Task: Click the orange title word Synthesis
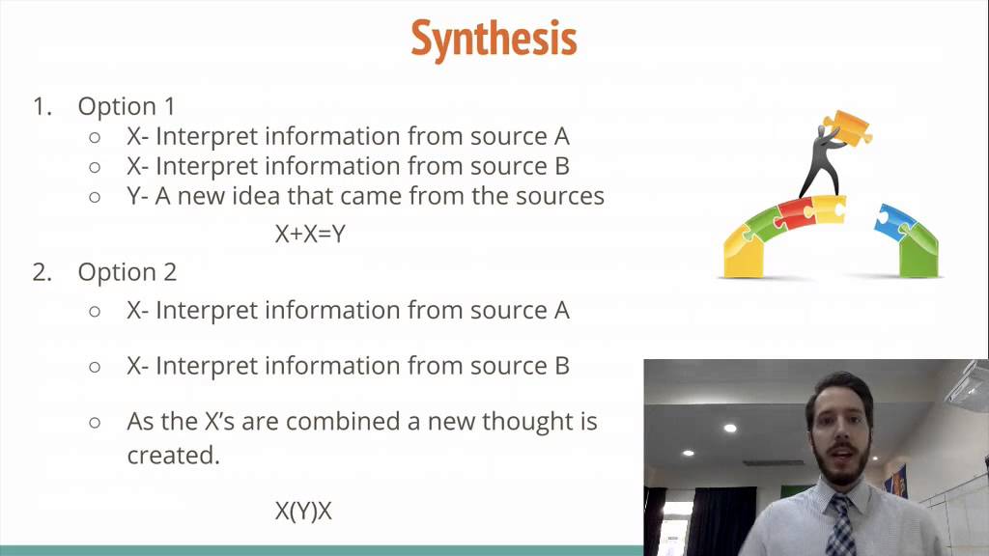(x=494, y=39)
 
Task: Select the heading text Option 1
(x=127, y=106)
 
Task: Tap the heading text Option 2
(x=127, y=272)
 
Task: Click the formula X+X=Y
(x=310, y=234)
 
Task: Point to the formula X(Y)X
(x=303, y=512)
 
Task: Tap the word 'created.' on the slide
(x=173, y=456)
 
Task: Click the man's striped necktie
(x=840, y=526)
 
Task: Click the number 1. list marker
(x=42, y=106)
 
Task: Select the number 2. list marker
(x=42, y=272)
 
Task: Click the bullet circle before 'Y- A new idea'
(x=95, y=197)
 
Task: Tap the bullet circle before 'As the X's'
(x=95, y=422)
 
